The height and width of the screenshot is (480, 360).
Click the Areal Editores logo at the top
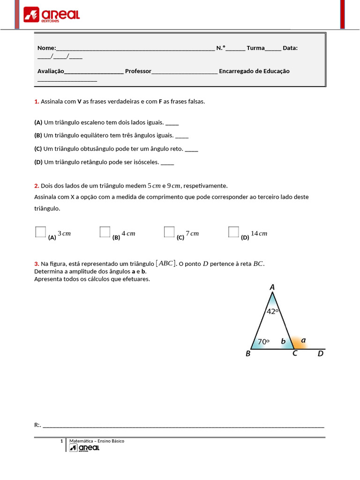(x=52, y=15)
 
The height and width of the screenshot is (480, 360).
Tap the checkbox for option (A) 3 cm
(x=41, y=232)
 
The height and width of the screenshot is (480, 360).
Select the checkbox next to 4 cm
(x=105, y=232)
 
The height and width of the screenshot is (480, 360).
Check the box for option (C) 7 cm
(x=169, y=232)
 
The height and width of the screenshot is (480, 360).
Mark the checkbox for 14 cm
(x=233, y=232)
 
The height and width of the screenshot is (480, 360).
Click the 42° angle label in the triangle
(x=273, y=311)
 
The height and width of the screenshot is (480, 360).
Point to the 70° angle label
(x=263, y=342)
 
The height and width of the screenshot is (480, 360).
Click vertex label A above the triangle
(x=272, y=287)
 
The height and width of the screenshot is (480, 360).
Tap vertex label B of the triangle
(x=248, y=354)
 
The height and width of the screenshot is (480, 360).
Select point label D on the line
(x=321, y=354)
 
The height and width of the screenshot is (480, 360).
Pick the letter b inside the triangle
(x=283, y=342)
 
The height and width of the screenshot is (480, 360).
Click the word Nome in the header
(x=46, y=48)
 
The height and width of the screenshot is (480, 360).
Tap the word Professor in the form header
(x=138, y=71)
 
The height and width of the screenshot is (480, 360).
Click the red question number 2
(x=36, y=186)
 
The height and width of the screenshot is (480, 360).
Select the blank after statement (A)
(x=172, y=123)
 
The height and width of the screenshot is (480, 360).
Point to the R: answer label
(x=37, y=425)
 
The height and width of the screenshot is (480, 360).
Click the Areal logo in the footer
(x=84, y=448)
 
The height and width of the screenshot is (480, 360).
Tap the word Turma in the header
(x=255, y=48)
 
